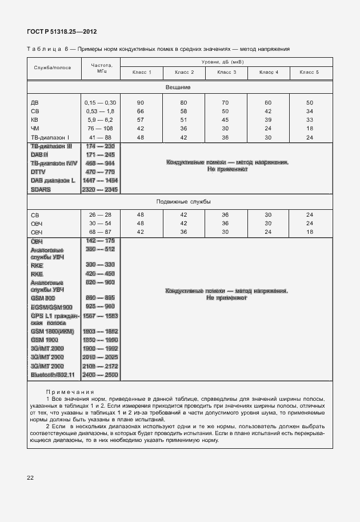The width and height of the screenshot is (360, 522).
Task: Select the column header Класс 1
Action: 141,73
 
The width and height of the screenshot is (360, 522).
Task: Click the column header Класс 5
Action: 309,73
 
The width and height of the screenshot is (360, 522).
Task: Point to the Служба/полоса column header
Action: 53,67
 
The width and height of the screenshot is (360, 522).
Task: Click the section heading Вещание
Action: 178,87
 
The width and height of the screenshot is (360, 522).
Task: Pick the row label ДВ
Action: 35,102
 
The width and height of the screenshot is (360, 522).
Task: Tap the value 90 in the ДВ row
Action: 141,102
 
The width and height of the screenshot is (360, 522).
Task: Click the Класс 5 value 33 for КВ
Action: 309,120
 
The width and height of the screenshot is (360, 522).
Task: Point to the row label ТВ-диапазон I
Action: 50,138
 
